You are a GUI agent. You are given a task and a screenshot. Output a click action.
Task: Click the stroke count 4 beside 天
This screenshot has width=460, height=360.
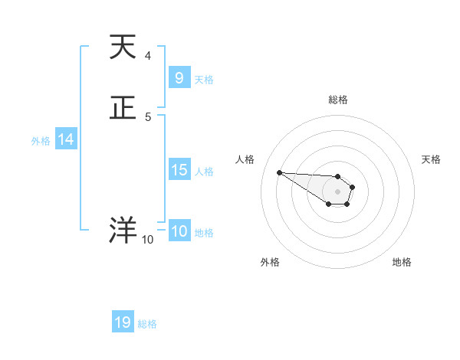(147, 56)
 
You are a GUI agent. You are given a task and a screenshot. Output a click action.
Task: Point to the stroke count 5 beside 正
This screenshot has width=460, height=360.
(147, 116)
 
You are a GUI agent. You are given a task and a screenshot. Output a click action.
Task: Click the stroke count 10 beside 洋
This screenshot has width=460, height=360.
(147, 240)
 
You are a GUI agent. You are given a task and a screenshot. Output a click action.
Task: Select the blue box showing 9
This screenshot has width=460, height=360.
(179, 78)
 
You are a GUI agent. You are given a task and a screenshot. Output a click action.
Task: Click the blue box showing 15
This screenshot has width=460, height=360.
(179, 170)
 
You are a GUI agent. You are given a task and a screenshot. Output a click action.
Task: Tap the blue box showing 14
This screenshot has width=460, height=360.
(66, 139)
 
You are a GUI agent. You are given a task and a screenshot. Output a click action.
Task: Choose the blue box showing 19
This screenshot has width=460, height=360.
(123, 322)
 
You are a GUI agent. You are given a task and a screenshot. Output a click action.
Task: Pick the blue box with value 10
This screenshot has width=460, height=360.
(179, 231)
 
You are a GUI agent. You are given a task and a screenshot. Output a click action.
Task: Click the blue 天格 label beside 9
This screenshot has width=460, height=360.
(204, 80)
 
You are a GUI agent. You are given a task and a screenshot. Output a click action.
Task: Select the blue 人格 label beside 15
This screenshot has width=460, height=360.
(204, 172)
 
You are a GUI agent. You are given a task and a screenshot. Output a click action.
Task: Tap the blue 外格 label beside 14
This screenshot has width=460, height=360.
(41, 141)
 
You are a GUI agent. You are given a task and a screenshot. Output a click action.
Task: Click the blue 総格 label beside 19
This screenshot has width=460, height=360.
(147, 324)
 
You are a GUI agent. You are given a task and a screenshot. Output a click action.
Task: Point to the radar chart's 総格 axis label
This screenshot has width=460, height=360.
(337, 100)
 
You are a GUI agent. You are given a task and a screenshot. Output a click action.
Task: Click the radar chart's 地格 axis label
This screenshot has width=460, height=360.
(402, 262)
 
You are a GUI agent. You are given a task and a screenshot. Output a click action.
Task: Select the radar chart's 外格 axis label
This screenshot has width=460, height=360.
(270, 262)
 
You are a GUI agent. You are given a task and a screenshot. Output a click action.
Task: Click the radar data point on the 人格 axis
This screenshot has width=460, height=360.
(279, 172)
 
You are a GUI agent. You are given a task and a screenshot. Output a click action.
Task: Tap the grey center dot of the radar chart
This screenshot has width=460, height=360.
(337, 191)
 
